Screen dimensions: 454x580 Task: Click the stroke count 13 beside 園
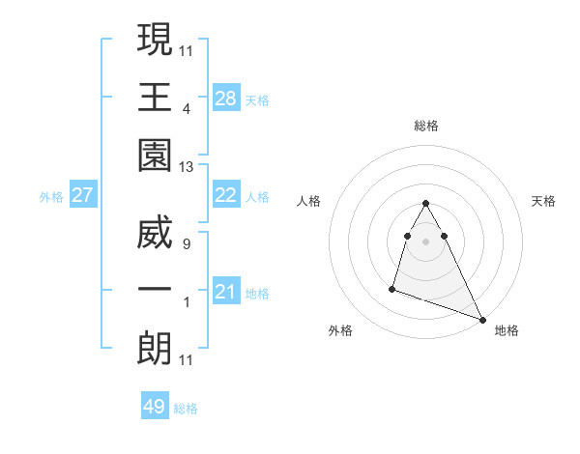pyautogui.click(x=187, y=167)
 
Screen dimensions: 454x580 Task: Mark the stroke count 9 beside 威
pyautogui.click(x=187, y=245)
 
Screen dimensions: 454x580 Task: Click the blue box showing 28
pyautogui.click(x=226, y=98)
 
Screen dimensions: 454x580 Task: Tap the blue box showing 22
pyautogui.click(x=226, y=195)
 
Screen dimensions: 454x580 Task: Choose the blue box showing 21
pyautogui.click(x=226, y=292)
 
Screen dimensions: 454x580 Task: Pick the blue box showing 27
pyautogui.click(x=83, y=195)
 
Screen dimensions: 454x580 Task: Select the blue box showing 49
pyautogui.click(x=155, y=407)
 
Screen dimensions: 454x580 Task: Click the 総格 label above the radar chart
pyautogui.click(x=425, y=126)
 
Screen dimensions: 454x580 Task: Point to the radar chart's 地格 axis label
pyautogui.click(x=507, y=330)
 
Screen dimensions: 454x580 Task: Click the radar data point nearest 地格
pyautogui.click(x=482, y=320)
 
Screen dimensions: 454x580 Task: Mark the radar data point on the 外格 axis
pyautogui.click(x=392, y=288)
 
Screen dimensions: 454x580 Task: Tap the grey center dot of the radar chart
pyautogui.click(x=425, y=241)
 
